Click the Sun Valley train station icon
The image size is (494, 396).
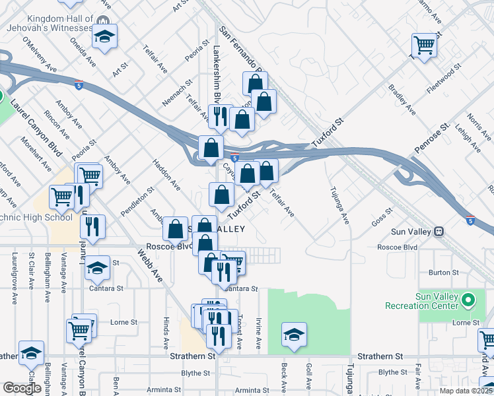click(439, 232)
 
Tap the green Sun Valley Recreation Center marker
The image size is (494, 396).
click(468, 301)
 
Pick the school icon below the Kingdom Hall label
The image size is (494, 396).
click(104, 37)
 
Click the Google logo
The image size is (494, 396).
click(22, 387)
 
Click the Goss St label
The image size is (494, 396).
click(382, 218)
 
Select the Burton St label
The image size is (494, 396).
click(444, 272)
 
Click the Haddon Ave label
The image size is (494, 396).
click(166, 174)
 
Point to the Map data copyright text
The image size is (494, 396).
click(466, 391)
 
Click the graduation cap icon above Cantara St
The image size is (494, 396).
click(97, 268)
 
